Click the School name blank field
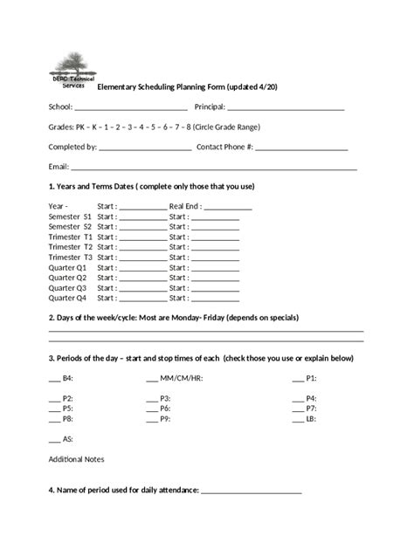[x=131, y=108]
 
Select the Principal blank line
[x=286, y=108]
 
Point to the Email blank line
[x=214, y=168]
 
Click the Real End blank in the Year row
[x=228, y=209]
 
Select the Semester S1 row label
[x=70, y=216]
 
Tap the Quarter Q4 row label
[x=67, y=298]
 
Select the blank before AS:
[x=54, y=441]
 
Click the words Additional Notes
[x=76, y=459]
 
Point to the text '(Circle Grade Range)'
[x=223, y=127]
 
